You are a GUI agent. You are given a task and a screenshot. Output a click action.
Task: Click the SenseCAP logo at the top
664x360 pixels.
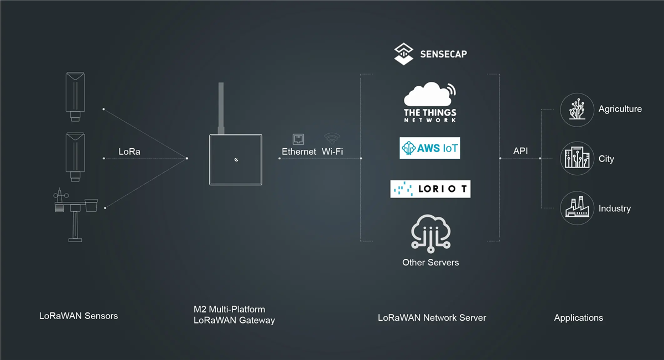click(x=430, y=54)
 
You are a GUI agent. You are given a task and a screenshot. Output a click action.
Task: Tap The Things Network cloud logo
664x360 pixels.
click(x=430, y=102)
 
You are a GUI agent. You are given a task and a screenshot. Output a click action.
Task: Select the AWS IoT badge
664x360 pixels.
click(x=430, y=148)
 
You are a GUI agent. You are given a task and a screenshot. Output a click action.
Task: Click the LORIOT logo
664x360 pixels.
click(x=430, y=189)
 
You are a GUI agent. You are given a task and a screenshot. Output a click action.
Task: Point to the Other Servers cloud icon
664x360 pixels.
click(x=430, y=232)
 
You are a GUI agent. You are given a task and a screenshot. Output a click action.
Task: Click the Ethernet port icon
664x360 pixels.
click(x=299, y=139)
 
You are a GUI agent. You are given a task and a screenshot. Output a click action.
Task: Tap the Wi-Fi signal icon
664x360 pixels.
click(x=332, y=138)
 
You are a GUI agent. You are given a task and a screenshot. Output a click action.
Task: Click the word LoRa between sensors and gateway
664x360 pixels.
click(x=129, y=152)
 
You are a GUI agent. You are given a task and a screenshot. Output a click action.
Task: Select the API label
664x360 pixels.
click(x=520, y=150)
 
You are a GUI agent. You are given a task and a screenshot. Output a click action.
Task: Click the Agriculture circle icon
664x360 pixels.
click(x=577, y=109)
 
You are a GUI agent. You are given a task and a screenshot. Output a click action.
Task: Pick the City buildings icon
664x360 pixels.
click(x=577, y=159)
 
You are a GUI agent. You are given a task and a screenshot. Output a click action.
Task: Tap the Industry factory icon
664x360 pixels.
click(x=577, y=208)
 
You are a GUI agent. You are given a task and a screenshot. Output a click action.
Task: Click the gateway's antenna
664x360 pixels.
click(x=221, y=108)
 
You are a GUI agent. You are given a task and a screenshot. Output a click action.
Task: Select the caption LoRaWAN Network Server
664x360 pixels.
click(x=432, y=318)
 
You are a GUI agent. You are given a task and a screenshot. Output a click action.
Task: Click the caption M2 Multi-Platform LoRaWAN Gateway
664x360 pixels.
click(x=234, y=315)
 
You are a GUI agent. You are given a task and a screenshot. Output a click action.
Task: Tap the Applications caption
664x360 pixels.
click(x=578, y=318)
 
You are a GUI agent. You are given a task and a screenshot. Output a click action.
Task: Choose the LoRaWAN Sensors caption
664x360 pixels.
click(x=79, y=316)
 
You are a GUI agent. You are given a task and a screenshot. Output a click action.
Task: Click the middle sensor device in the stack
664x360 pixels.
click(x=75, y=156)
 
